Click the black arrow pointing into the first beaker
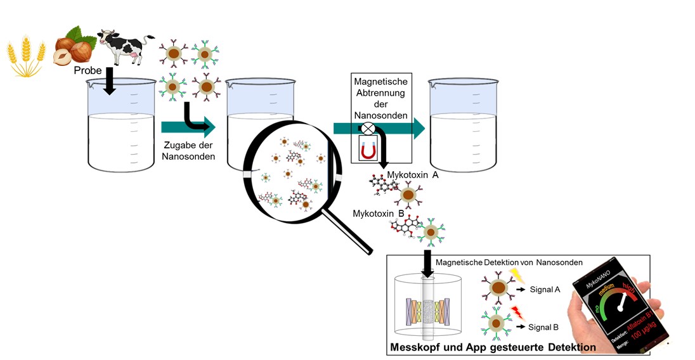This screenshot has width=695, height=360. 110,81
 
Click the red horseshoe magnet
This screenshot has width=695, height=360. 368,151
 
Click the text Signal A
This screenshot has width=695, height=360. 545,289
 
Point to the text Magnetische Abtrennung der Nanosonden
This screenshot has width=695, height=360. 380,99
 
